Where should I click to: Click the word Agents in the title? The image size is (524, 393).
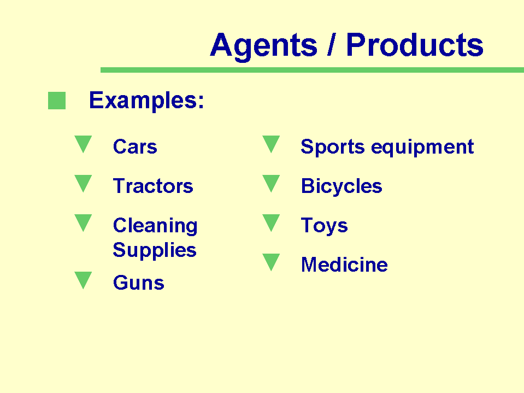point(264,46)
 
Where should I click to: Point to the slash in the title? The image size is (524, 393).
point(331,44)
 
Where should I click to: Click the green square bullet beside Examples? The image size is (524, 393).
point(57,101)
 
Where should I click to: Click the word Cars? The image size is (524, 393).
point(135,146)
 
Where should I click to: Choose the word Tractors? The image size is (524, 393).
point(153,186)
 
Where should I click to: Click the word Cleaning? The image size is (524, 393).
point(155,226)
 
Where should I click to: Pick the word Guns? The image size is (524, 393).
point(139,283)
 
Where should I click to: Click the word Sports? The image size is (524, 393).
point(333,147)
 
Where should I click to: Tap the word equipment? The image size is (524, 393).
point(422,147)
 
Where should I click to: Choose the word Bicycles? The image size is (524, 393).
point(342,186)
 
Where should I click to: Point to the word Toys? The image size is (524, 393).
point(324,226)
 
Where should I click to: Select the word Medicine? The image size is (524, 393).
point(345,265)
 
